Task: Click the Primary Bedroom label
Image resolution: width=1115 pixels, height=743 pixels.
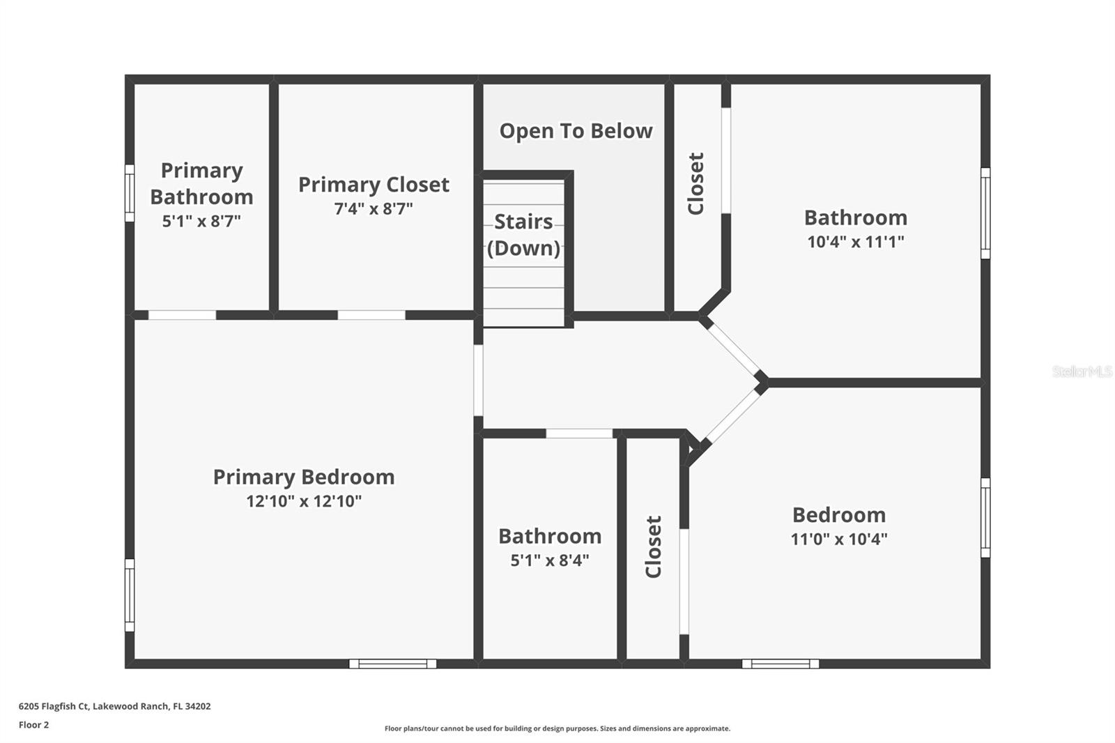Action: click(304, 477)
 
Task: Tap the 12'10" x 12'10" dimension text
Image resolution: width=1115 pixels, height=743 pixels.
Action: click(304, 501)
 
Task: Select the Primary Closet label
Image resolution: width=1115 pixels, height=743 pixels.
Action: click(374, 185)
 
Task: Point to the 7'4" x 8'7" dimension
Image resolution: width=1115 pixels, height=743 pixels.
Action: click(374, 208)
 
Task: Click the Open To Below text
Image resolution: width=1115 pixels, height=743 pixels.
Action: click(576, 131)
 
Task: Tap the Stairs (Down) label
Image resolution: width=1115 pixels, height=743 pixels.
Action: click(523, 235)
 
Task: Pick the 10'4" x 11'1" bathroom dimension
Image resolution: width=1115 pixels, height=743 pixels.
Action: click(856, 242)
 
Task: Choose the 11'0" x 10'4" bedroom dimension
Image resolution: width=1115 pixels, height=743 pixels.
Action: click(839, 539)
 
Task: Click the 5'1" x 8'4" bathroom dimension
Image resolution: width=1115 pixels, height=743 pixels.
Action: click(550, 560)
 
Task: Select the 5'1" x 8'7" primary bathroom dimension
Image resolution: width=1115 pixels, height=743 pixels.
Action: click(201, 221)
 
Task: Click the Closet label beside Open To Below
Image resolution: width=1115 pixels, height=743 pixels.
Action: click(696, 183)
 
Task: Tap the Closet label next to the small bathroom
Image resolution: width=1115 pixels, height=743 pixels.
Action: click(654, 547)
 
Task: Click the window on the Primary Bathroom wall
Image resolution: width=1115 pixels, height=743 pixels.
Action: click(130, 193)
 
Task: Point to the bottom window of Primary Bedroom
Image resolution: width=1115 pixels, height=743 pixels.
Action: click(393, 664)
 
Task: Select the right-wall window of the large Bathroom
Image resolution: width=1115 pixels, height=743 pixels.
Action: click(985, 213)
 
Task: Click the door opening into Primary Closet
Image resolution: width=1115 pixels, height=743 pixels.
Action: click(371, 315)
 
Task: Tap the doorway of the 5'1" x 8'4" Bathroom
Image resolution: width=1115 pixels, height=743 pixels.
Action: click(579, 434)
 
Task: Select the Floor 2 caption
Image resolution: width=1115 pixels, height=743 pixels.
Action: click(33, 725)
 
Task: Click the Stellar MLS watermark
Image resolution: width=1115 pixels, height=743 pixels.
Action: click(1082, 371)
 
